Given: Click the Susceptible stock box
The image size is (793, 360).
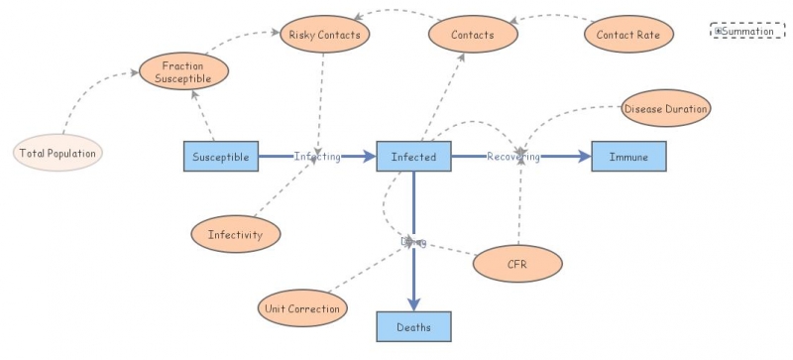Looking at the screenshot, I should [221, 157].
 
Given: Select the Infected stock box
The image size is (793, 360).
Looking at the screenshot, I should [413, 157].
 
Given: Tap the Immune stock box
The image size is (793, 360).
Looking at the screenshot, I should [628, 157].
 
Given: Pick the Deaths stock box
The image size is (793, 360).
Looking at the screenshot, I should [413, 326].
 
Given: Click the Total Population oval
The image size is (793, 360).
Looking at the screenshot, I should [57, 154].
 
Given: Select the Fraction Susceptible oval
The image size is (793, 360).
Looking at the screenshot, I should [183, 71].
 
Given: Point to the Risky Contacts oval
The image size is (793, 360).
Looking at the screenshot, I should [325, 35].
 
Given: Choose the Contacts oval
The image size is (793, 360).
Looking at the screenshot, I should [473, 35].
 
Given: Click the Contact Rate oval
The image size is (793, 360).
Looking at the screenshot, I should [628, 36].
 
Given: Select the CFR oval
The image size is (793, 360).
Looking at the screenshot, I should [516, 264].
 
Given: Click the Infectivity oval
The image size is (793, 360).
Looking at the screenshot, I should [235, 235].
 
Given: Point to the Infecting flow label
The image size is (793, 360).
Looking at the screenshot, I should [317, 157].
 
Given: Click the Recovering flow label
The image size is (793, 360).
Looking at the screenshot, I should [513, 157].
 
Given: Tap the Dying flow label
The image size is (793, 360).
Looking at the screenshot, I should [413, 242].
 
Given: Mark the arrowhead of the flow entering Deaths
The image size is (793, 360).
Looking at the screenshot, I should [413, 303].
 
